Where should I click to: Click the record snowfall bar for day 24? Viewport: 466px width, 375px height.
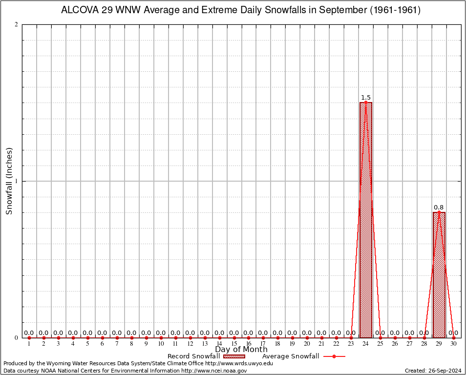point(366,220)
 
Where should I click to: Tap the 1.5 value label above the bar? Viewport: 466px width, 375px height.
point(366,98)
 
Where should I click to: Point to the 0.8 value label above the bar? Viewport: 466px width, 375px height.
point(439,208)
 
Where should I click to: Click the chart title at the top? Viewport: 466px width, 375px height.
point(240,10)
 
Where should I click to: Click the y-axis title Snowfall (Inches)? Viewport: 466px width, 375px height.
point(9,181)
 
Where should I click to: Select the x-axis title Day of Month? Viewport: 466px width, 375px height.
point(241,349)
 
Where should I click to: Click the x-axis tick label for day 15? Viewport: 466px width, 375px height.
point(234,344)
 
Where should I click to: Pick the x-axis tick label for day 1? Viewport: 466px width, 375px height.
point(29,344)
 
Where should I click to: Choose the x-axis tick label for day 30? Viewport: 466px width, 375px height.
point(453,344)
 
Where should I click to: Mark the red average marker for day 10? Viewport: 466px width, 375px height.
point(161,338)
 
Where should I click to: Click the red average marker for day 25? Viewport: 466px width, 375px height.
point(381,338)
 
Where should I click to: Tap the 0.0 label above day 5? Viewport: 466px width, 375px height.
point(87,333)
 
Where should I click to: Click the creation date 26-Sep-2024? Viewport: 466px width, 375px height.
point(433,371)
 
